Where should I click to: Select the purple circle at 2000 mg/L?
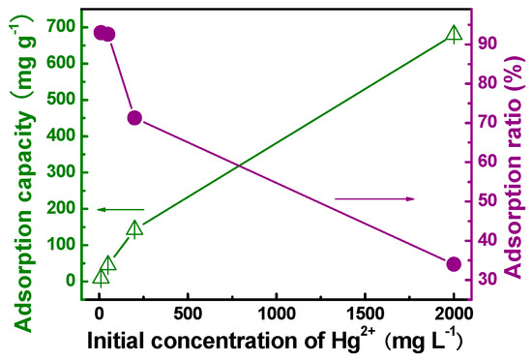click(454, 264)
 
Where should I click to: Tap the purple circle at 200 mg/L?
click(134, 118)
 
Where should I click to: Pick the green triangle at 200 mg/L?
click(135, 228)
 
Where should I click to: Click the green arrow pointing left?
click(120, 209)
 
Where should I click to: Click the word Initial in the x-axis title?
click(122, 340)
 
